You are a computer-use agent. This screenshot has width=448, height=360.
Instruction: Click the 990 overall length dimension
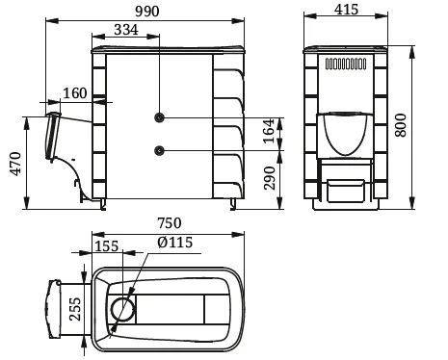(x=147, y=12)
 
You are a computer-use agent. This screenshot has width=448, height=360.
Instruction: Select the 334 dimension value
(x=126, y=30)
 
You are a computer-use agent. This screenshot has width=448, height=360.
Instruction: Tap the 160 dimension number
(x=75, y=93)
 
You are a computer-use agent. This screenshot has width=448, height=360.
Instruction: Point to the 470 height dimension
(x=16, y=164)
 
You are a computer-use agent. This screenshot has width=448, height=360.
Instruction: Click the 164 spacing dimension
(x=269, y=131)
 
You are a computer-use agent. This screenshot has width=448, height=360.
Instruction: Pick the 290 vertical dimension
(x=270, y=178)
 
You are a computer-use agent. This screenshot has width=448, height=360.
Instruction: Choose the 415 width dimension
(x=346, y=10)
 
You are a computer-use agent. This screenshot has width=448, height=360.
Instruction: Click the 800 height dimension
(x=401, y=125)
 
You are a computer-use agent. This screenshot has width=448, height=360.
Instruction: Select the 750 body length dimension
(x=170, y=222)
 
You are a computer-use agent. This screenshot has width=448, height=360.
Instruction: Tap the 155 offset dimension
(x=107, y=246)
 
